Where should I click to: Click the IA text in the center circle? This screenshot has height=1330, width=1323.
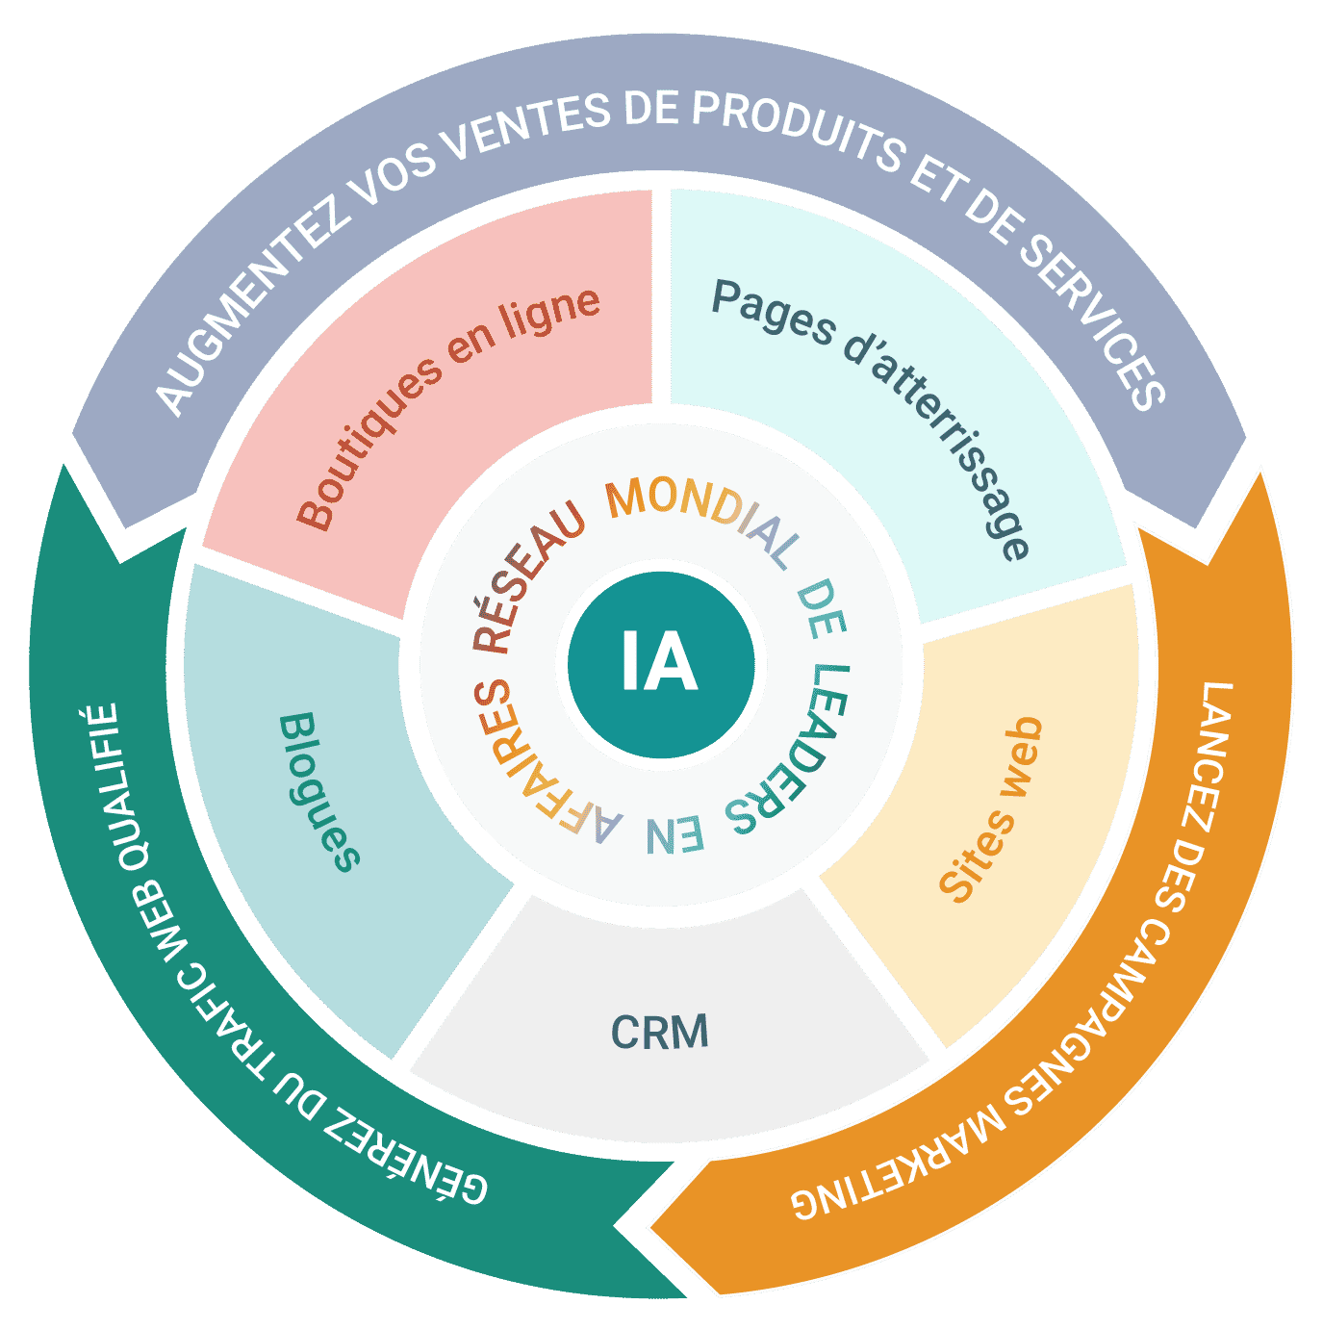click(x=659, y=660)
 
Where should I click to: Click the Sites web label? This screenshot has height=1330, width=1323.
click(x=990, y=809)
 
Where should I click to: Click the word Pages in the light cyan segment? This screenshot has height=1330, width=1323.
click(x=773, y=312)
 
